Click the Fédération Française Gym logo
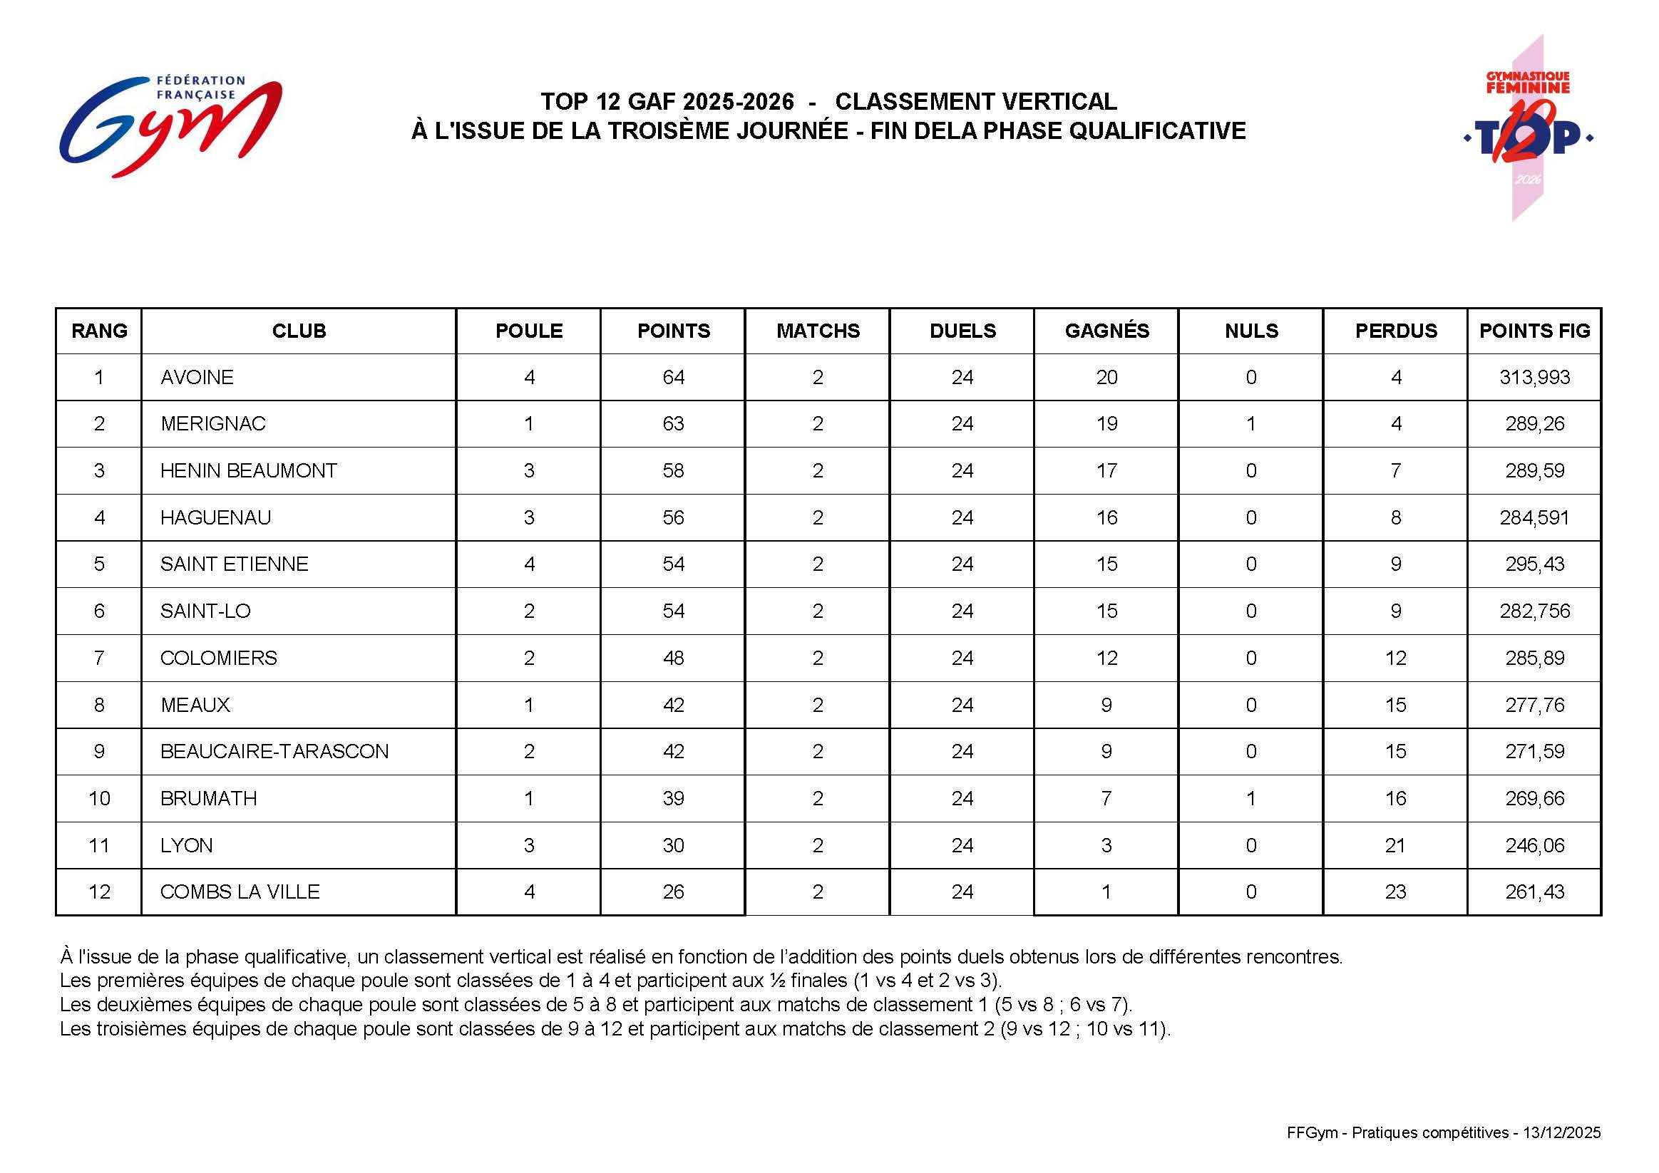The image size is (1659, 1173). click(170, 125)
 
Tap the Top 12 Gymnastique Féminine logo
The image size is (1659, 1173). click(1528, 128)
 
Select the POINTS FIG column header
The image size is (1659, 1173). click(1534, 331)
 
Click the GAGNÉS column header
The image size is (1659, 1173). click(1106, 331)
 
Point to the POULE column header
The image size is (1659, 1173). click(529, 331)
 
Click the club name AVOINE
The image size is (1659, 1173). click(197, 377)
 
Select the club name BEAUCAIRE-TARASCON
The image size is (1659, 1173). click(274, 751)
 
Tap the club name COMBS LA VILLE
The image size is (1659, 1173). click(240, 892)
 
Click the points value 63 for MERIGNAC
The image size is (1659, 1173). click(673, 423)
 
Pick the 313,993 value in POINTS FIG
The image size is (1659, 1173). click(1534, 377)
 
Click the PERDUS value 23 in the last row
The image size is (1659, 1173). click(1395, 892)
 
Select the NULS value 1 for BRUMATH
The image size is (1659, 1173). click(1250, 798)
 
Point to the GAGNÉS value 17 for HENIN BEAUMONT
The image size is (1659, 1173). click(1106, 470)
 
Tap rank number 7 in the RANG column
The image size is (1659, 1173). click(99, 658)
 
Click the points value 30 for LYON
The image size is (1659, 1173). click(673, 845)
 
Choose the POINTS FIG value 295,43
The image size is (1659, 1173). click(1534, 564)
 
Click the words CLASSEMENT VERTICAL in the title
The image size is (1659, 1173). click(975, 101)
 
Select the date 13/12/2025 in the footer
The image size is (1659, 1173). click(1561, 1132)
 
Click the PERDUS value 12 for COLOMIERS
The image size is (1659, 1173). click(1395, 658)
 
